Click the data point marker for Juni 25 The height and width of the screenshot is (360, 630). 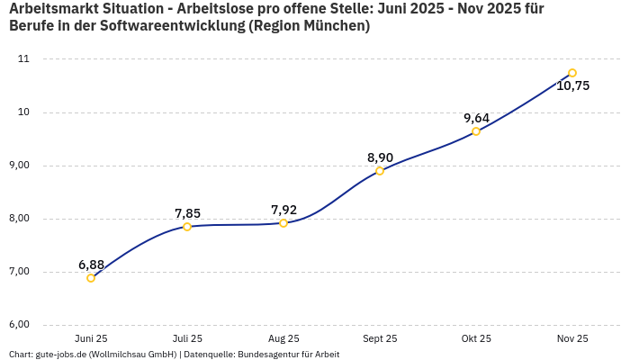91,278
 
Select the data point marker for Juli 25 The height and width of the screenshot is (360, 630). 187,227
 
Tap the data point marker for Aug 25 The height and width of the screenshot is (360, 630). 283,223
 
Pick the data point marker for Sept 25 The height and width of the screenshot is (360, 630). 380,171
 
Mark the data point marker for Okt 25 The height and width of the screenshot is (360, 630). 476,131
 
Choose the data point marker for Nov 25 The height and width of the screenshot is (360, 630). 572,73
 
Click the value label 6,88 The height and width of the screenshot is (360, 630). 91,265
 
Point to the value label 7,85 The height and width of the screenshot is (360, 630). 187,213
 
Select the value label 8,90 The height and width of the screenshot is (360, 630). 380,157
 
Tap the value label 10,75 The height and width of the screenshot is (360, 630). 572,86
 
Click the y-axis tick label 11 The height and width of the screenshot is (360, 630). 23,59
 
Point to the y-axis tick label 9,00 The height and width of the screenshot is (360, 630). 19,166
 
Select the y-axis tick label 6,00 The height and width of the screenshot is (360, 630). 19,325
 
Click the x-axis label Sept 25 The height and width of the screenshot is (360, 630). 380,338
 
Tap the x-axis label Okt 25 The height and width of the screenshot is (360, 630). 476,338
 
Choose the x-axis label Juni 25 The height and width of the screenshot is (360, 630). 91,338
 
